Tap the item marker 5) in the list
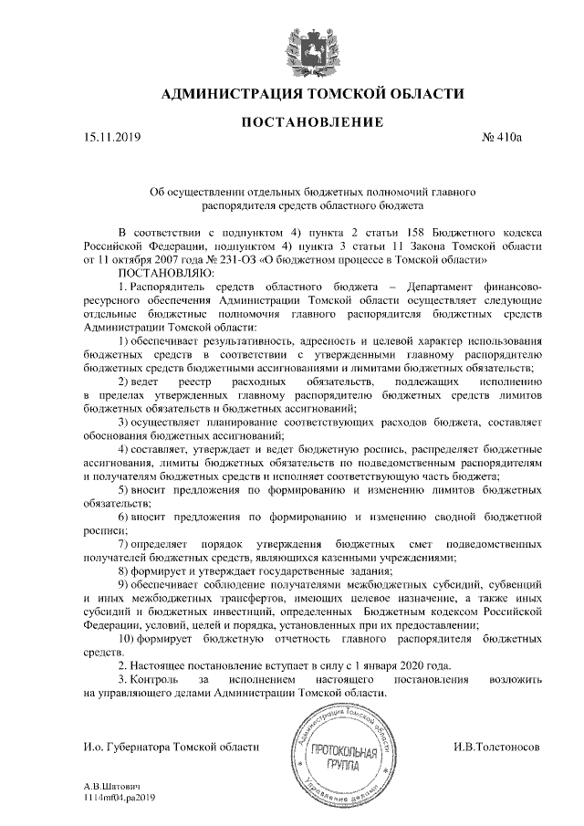126,490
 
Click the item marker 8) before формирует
126,567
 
